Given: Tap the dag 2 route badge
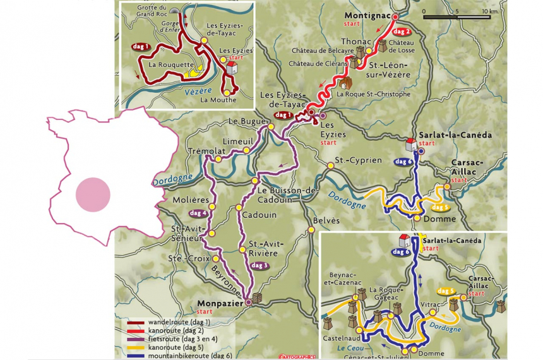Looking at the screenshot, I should (x=402, y=31).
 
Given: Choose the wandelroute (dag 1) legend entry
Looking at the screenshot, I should (x=169, y=323).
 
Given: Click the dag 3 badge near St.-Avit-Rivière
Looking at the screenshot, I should (x=260, y=265).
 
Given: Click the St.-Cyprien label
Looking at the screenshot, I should (x=359, y=160).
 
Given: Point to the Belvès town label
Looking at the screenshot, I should (x=326, y=220).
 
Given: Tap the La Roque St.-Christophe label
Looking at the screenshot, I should (x=373, y=93).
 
